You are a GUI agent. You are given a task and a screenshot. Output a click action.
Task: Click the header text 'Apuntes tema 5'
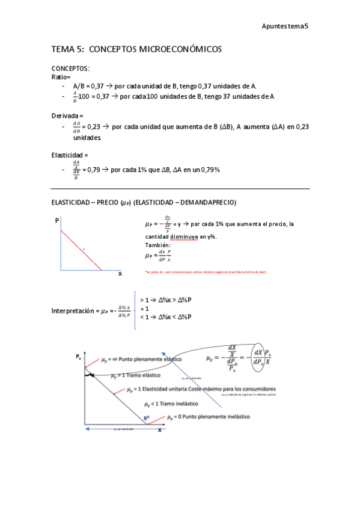[285, 26]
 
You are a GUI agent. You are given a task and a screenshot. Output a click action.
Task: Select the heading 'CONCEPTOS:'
[70, 69]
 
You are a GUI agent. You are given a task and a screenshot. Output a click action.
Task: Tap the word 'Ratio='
[61, 77]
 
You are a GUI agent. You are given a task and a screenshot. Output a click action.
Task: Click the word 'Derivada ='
[67, 115]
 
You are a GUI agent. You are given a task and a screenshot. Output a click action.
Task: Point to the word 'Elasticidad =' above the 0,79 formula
[70, 155]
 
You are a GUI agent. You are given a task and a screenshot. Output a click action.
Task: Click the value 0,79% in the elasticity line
[210, 170]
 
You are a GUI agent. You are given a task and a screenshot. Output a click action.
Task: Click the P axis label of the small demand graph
[57, 221]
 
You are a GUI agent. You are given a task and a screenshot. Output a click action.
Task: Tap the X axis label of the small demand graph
[120, 274]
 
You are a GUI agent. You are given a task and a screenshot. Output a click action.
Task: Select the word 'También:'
[157, 245]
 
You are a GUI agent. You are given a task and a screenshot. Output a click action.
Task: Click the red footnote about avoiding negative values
[206, 272]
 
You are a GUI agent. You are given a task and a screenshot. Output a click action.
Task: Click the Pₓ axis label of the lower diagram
[79, 357]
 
